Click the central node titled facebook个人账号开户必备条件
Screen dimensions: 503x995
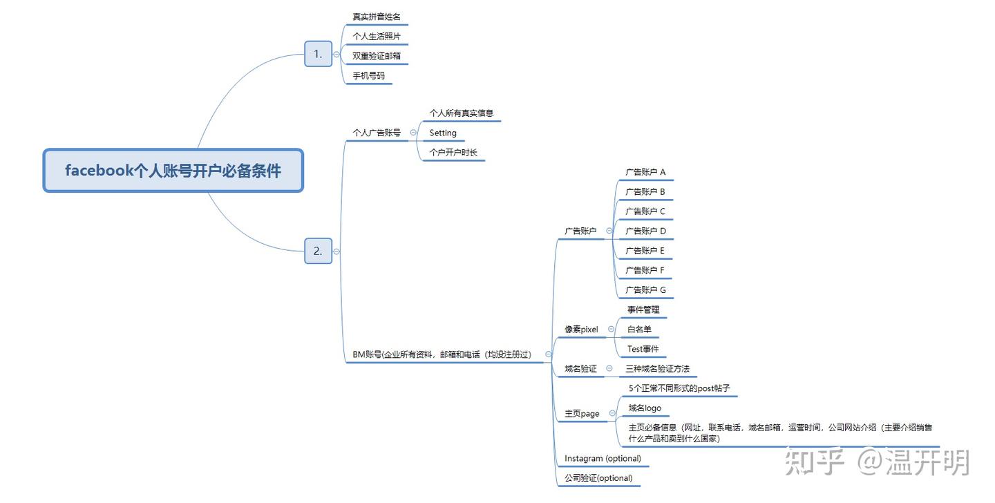click(x=173, y=171)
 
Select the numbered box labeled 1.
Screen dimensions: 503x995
click(x=318, y=54)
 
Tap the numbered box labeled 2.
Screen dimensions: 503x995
click(x=318, y=251)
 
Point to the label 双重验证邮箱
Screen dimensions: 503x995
click(x=376, y=55)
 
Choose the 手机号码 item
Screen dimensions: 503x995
click(x=368, y=75)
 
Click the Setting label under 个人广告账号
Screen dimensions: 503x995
click(x=443, y=133)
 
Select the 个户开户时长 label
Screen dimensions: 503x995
click(x=453, y=152)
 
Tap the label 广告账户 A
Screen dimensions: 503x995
click(x=645, y=172)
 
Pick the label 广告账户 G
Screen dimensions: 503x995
click(x=645, y=290)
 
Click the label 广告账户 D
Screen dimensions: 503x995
click(x=645, y=231)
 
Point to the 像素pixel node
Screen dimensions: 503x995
click(x=581, y=330)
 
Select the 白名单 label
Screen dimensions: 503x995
click(x=639, y=330)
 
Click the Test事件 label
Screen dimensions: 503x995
click(x=643, y=349)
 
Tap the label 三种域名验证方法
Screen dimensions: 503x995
click(x=657, y=369)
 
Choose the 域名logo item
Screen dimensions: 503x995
click(x=644, y=408)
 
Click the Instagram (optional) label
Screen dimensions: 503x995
click(x=603, y=458)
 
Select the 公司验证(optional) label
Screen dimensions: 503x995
click(x=598, y=477)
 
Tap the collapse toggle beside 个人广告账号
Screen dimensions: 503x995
click(x=413, y=132)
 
